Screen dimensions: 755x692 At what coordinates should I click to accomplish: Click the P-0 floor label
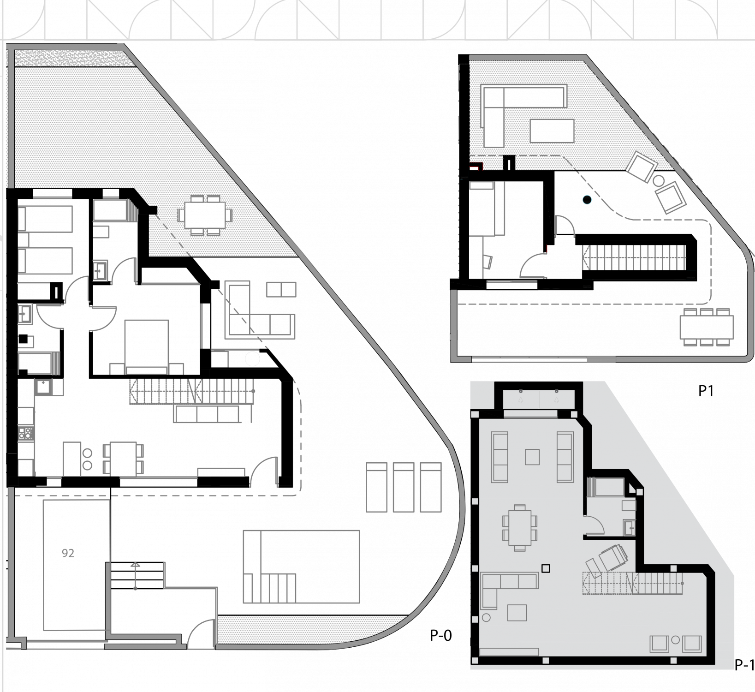[x=441, y=636]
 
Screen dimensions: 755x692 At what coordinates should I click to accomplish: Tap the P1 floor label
[x=706, y=391]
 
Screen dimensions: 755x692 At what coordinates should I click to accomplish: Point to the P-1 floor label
[x=744, y=665]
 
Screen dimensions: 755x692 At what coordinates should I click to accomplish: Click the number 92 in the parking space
[x=68, y=553]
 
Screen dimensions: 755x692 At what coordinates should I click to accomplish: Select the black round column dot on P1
[x=587, y=200]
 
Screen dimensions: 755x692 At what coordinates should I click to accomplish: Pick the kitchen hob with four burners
[x=26, y=432]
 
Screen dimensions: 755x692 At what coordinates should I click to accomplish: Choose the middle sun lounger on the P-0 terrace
[x=404, y=487]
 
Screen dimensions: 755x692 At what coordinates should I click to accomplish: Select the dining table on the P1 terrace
[x=706, y=327]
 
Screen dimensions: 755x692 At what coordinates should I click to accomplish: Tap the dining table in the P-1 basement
[x=520, y=528]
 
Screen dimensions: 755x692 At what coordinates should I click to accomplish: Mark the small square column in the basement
[x=546, y=568]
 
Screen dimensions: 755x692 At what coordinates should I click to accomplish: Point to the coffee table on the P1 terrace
[x=552, y=131]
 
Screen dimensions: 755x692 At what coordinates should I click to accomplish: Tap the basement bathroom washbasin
[x=629, y=526]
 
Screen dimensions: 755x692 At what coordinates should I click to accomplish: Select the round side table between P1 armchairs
[x=659, y=180]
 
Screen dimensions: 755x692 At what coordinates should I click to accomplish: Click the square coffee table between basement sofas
[x=532, y=457]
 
